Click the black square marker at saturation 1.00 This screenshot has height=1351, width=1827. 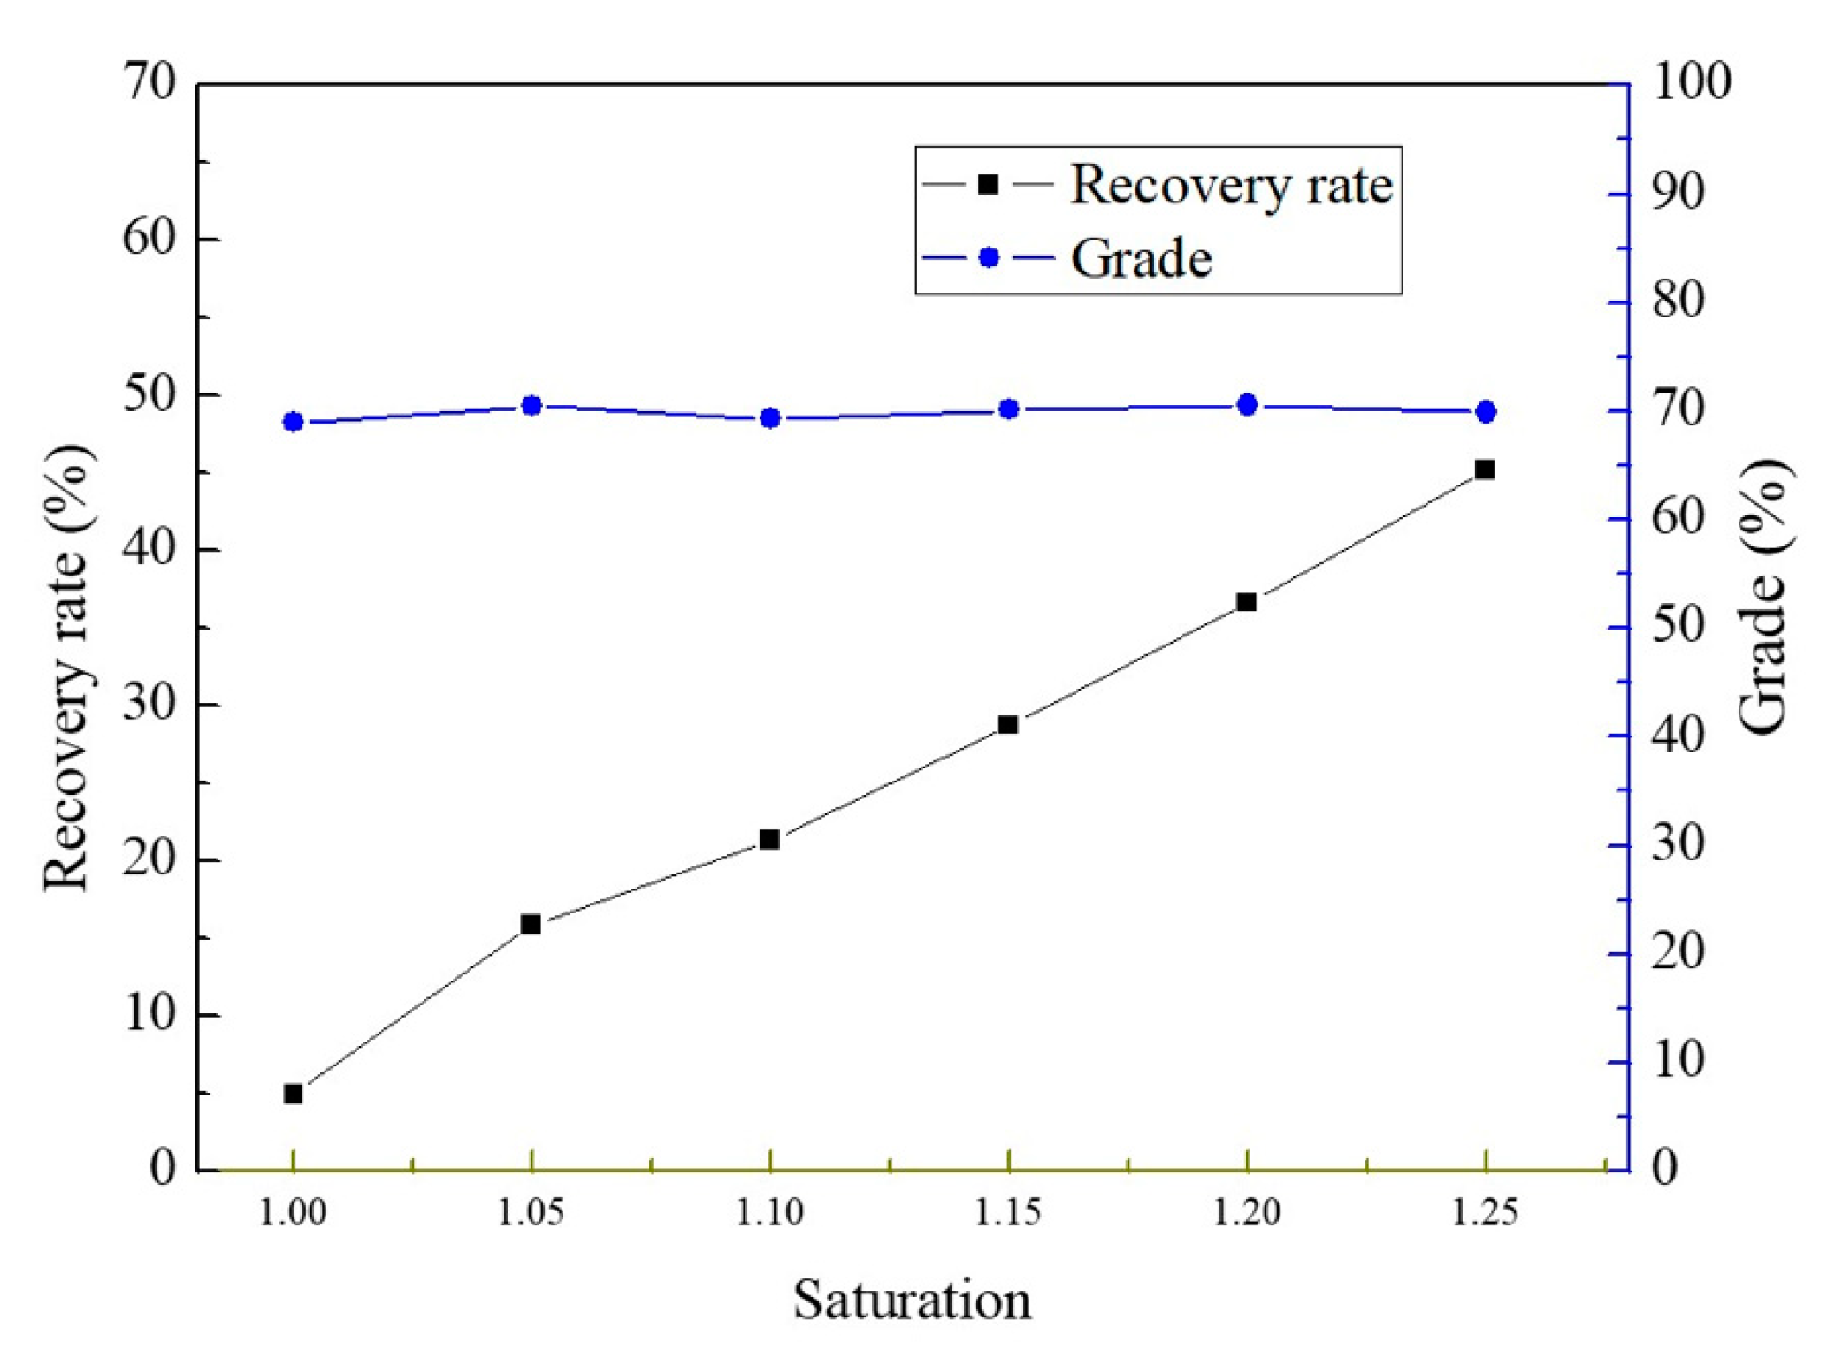pyautogui.click(x=293, y=1094)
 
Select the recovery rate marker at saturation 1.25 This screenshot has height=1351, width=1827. pyautogui.click(x=1485, y=469)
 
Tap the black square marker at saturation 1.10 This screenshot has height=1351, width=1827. pyautogui.click(x=769, y=839)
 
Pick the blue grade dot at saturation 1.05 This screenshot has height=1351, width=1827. pyautogui.click(x=531, y=406)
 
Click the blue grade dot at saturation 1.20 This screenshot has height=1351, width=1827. pyautogui.click(x=1247, y=405)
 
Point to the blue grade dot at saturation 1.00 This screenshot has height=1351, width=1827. pyautogui.click(x=293, y=422)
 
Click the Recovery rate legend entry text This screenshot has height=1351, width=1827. pyautogui.click(x=1231, y=186)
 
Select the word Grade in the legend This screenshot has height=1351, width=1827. pyautogui.click(x=1141, y=259)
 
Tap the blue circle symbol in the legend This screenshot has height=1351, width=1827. pyautogui.click(x=989, y=258)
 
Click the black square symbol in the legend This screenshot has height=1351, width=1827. pyautogui.click(x=988, y=185)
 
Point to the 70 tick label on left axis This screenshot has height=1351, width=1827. pyautogui.click(x=149, y=83)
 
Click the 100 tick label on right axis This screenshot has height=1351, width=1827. pyautogui.click(x=1691, y=81)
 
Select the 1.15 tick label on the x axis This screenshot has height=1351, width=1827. pyautogui.click(x=1007, y=1213)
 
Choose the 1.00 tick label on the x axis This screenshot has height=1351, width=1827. pyautogui.click(x=293, y=1213)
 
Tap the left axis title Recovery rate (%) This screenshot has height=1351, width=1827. pyautogui.click(x=67, y=668)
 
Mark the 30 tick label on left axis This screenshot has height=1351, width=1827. pyautogui.click(x=149, y=705)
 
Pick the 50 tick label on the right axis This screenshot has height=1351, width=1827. pyautogui.click(x=1677, y=626)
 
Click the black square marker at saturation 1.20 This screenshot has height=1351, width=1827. pyautogui.click(x=1246, y=602)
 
